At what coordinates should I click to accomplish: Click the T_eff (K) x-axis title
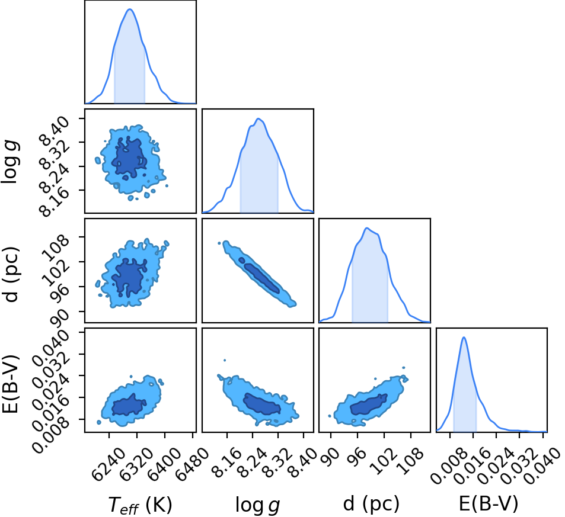140,505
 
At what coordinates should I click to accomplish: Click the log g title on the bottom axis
258,505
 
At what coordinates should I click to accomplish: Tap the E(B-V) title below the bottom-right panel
489,504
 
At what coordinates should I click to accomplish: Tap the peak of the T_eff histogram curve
130,9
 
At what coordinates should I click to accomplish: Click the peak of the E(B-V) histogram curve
464,338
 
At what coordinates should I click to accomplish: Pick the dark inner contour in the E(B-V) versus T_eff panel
129,404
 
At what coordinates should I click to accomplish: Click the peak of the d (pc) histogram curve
366,228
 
